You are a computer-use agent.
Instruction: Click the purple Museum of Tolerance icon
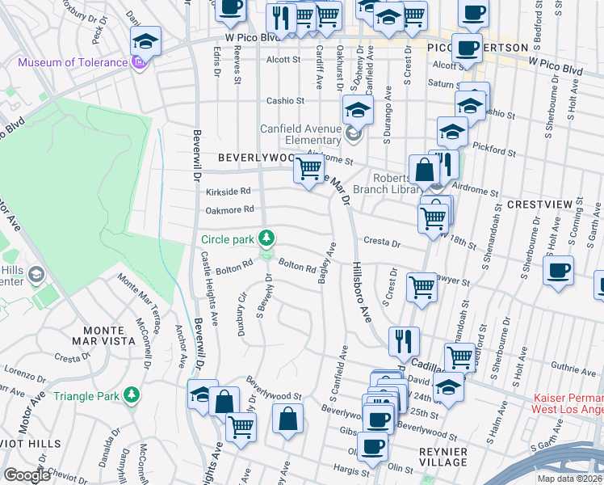point(141,62)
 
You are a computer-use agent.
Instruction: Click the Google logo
point(27,475)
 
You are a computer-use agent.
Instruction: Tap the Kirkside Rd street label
point(228,191)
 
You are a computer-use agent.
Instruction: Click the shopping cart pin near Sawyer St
point(422,287)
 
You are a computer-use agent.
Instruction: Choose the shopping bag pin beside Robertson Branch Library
point(424,169)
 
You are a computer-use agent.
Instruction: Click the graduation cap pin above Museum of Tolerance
point(145,40)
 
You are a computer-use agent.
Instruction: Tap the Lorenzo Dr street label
point(24,377)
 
